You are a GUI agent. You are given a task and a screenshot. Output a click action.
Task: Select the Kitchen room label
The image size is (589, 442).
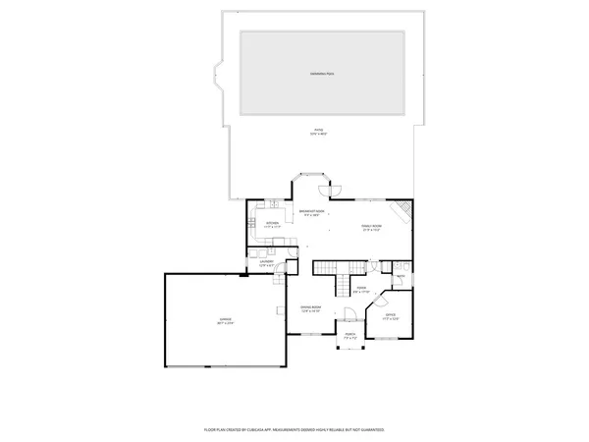(x=272, y=225)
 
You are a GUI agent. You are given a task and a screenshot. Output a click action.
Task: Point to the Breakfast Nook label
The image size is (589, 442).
(x=312, y=213)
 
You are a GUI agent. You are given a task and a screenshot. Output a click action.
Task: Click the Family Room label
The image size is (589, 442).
(x=370, y=228)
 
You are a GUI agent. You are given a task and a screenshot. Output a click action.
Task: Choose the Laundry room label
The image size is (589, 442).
(x=265, y=262)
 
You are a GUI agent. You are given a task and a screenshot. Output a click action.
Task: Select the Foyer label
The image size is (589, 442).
(x=361, y=291)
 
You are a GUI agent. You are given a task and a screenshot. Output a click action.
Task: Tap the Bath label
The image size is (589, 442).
(x=401, y=276)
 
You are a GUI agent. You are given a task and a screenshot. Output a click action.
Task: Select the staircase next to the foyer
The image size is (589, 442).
(x=339, y=281)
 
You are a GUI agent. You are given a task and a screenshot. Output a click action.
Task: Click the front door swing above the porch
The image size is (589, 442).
(x=349, y=316)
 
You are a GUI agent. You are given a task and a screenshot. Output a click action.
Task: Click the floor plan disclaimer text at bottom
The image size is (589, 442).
(x=294, y=429)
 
